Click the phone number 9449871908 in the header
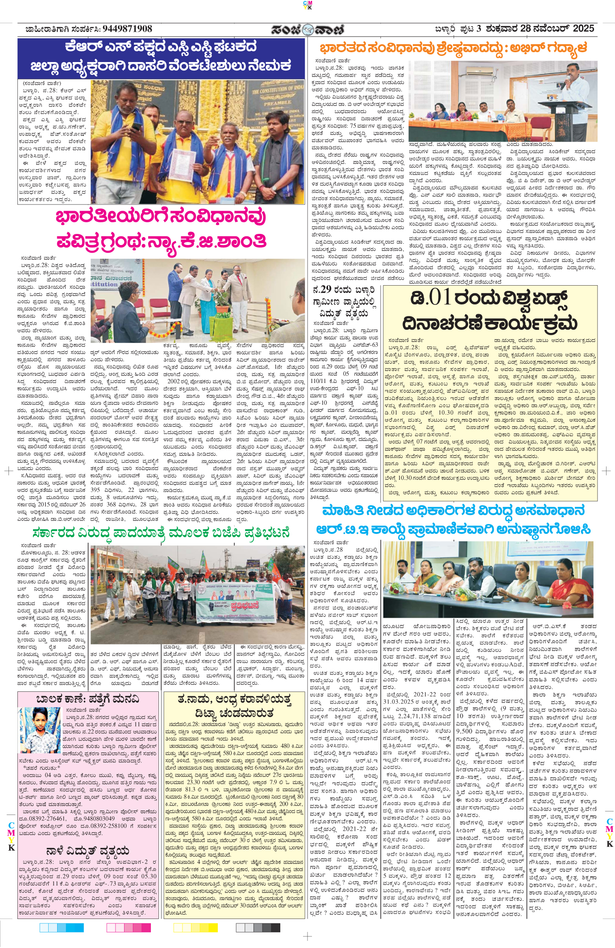[x=127, y=29]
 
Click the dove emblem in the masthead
[x=307, y=30]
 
